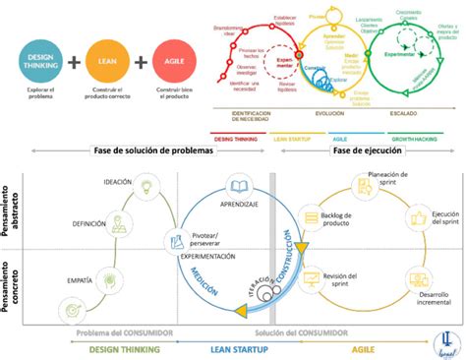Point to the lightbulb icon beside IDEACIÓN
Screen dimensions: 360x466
[146, 184]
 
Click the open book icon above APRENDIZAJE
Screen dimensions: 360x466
[240, 186]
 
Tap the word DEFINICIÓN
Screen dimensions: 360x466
[88, 224]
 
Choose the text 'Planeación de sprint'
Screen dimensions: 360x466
[387, 182]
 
